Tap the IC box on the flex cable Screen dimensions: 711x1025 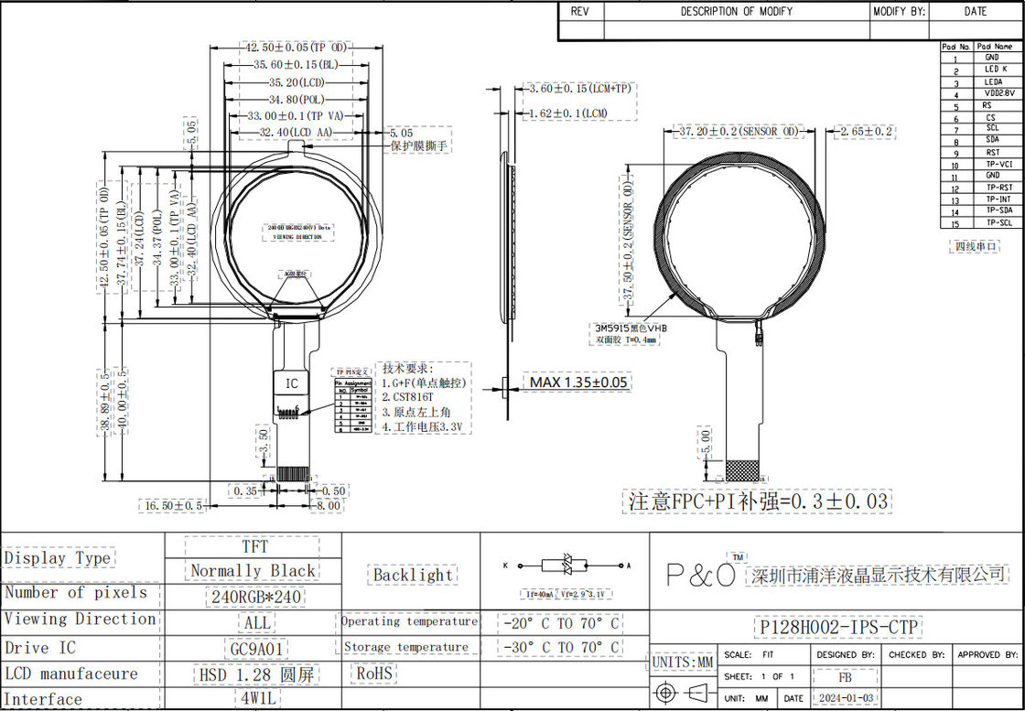click(x=292, y=383)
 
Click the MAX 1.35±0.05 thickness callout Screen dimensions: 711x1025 click(x=579, y=382)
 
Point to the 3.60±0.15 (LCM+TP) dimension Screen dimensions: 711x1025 click(x=579, y=89)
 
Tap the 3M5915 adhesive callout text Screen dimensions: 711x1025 click(x=631, y=327)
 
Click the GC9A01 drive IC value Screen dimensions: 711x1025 click(x=256, y=648)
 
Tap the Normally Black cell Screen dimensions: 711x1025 click(x=253, y=571)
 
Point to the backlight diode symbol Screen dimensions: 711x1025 click(x=562, y=566)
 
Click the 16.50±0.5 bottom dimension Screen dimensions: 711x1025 click(x=172, y=505)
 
